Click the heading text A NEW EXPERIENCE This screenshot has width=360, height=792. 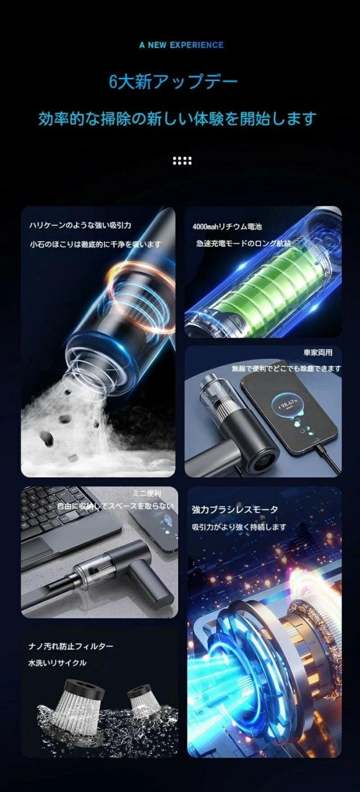point(181,45)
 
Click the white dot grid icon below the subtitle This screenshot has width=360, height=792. point(182,161)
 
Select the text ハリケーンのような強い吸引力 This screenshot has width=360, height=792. point(80,225)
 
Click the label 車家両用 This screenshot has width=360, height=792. point(317,353)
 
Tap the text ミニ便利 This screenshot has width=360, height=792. point(147,493)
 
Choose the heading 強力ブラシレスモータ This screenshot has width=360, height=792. point(235,510)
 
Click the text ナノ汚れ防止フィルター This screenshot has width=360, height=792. point(71,646)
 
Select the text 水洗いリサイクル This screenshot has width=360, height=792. point(58,663)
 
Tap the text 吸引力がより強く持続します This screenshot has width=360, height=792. point(239,527)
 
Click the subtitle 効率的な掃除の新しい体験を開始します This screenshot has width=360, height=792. point(178,119)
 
